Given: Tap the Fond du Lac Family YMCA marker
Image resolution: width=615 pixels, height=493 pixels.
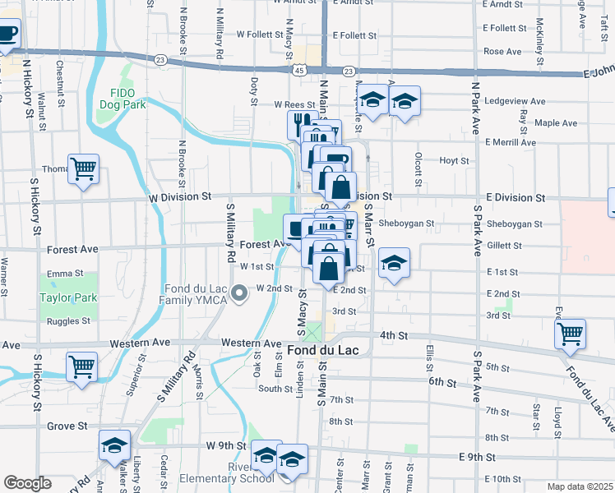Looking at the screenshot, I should click(x=239, y=293).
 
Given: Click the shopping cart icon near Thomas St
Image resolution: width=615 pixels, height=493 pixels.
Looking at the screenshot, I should click(x=83, y=170).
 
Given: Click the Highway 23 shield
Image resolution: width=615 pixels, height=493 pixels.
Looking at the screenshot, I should click(x=160, y=60).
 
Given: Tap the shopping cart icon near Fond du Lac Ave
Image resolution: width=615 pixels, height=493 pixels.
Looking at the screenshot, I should click(x=569, y=334).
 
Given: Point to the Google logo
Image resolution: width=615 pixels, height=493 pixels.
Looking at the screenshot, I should click(x=27, y=483).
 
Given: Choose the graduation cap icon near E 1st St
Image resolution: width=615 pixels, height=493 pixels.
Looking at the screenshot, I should click(x=394, y=264).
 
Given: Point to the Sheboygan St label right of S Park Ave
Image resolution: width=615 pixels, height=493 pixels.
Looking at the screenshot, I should click(x=515, y=223).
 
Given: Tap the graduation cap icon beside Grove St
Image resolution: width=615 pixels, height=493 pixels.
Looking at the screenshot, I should click(x=114, y=446).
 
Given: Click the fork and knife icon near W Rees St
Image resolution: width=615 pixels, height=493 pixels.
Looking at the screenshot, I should click(x=298, y=125).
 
